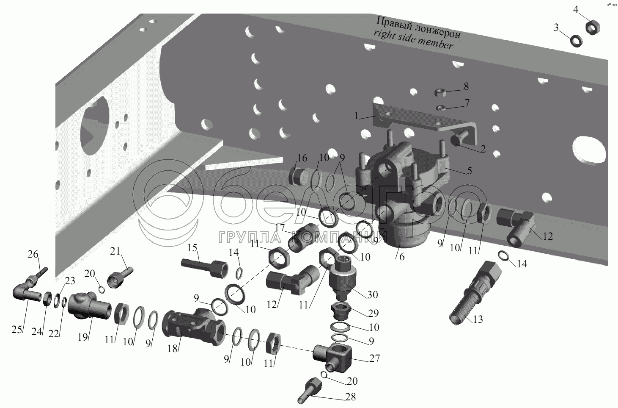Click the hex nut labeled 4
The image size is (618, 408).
(593, 28)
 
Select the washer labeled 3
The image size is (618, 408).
(577, 41)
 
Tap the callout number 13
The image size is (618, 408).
(478, 319)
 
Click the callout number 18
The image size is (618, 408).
(172, 349)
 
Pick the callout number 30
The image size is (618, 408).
(373, 295)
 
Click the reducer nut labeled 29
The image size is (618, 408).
(341, 311)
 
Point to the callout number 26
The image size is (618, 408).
(33, 254)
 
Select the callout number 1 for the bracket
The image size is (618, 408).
(356, 116)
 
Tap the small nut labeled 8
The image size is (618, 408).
(440, 93)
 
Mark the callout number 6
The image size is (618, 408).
(402, 257)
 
